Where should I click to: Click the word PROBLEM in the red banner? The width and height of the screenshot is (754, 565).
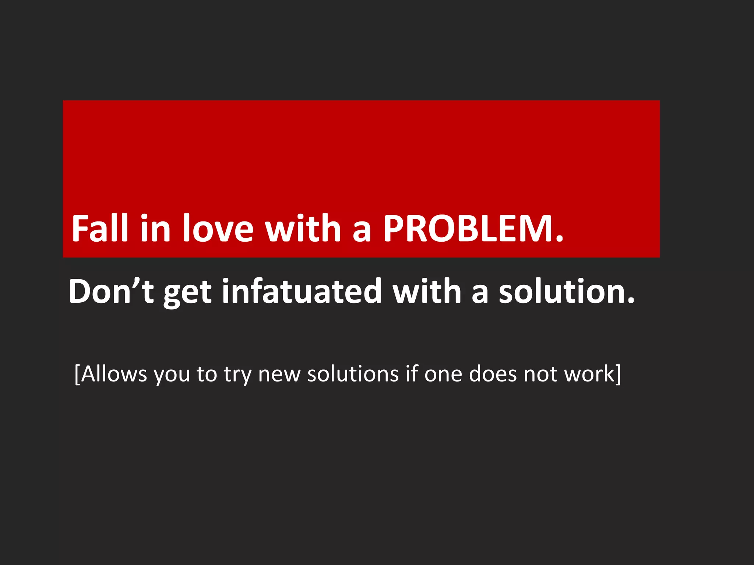(x=467, y=228)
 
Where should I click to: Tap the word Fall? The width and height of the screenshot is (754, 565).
(x=100, y=228)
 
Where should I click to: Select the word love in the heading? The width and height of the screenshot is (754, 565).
(x=218, y=228)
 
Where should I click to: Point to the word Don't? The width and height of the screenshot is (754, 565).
(x=111, y=291)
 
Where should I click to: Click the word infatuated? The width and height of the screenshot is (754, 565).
(x=302, y=291)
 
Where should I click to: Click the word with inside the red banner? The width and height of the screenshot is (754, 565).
(x=303, y=228)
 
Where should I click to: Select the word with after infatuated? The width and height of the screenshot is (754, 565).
(x=427, y=291)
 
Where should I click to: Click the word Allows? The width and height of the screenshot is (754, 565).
(x=114, y=374)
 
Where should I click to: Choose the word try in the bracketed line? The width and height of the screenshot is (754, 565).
(x=238, y=375)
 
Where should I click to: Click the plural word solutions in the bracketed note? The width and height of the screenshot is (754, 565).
(x=353, y=374)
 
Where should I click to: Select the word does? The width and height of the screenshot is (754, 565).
(x=493, y=374)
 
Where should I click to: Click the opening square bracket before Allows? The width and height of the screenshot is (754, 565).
(x=77, y=374)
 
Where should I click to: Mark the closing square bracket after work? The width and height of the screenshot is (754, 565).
(x=619, y=374)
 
